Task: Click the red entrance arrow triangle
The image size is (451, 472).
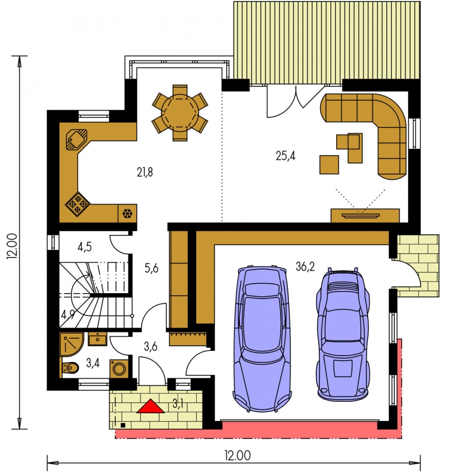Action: point(151,406)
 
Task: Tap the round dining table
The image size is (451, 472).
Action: point(180,113)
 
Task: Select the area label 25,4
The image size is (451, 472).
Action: point(285,156)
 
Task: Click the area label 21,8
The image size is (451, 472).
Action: point(145,173)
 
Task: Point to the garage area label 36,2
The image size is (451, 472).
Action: point(305,266)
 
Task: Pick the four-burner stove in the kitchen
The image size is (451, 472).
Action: point(78,204)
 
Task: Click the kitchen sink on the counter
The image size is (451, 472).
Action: point(77,140)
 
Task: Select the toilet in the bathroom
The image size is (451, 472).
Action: point(70,367)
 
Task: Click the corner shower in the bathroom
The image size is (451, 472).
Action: point(71,344)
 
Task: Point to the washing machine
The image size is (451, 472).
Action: point(119,368)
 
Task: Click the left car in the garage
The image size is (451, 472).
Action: point(262,339)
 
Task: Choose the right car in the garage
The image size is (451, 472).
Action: point(342,334)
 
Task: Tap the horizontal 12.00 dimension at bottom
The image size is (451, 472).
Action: point(238,455)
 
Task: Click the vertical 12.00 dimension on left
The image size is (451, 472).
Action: point(13,246)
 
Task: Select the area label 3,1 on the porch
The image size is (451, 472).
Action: point(178,404)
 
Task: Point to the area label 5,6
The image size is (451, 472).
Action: point(151,268)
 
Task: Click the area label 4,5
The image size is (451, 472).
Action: point(84,247)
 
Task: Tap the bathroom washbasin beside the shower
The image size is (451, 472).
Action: point(97,339)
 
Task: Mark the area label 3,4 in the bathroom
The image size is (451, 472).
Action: point(93,363)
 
